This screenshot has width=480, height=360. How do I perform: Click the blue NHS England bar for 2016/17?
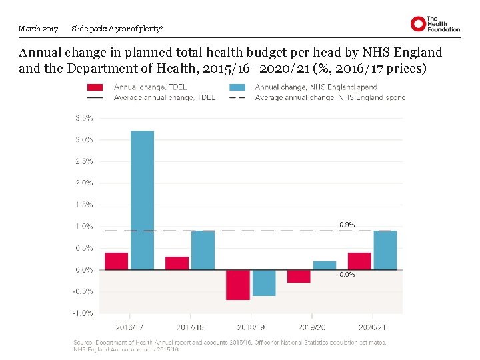point(142,200)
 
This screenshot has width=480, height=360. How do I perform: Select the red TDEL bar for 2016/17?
point(116,261)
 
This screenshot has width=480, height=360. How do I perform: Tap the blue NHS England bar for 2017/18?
point(203,250)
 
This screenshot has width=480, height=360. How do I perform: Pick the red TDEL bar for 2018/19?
point(238,285)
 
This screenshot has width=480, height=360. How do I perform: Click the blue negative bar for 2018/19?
point(264,283)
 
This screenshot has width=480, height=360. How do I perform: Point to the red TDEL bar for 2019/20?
point(299,276)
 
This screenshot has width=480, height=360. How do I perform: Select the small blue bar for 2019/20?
point(325,265)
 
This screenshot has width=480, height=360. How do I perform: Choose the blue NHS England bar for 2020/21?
point(385,250)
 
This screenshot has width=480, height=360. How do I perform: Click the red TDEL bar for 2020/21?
point(359,261)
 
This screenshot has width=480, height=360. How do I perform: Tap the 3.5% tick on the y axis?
point(84,118)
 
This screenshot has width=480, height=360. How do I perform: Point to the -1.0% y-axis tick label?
point(83,313)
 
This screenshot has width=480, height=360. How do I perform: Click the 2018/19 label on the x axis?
point(251,327)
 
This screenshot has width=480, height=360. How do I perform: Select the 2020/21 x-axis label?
point(372,327)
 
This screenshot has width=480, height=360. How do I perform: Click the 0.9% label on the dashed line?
point(347,225)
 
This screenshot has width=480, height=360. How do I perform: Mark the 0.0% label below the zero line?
point(347,274)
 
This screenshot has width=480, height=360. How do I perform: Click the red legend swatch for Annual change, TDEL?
point(95,87)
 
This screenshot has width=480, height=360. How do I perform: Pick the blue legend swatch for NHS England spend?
point(237,87)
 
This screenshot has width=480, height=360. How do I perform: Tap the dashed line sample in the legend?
point(237,98)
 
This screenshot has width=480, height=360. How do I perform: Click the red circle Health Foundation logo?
point(418,24)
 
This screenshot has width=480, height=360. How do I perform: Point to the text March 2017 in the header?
point(39,29)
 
